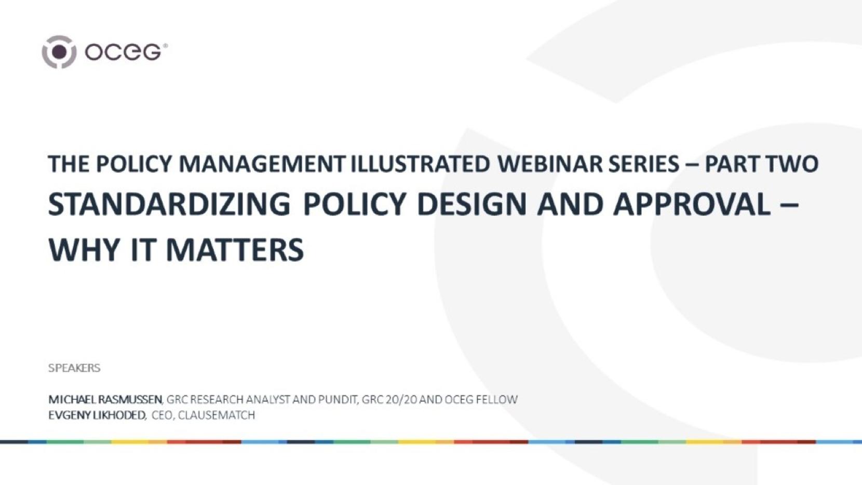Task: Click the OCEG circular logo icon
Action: click(59, 52)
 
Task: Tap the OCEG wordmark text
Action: click(125, 52)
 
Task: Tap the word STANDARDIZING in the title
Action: click(169, 204)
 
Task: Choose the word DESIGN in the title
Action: click(472, 204)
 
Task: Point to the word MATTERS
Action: click(235, 250)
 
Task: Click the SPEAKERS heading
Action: click(74, 368)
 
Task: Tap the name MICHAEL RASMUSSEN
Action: click(105, 399)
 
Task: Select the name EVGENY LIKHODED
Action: click(97, 415)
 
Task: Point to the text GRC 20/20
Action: click(389, 399)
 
